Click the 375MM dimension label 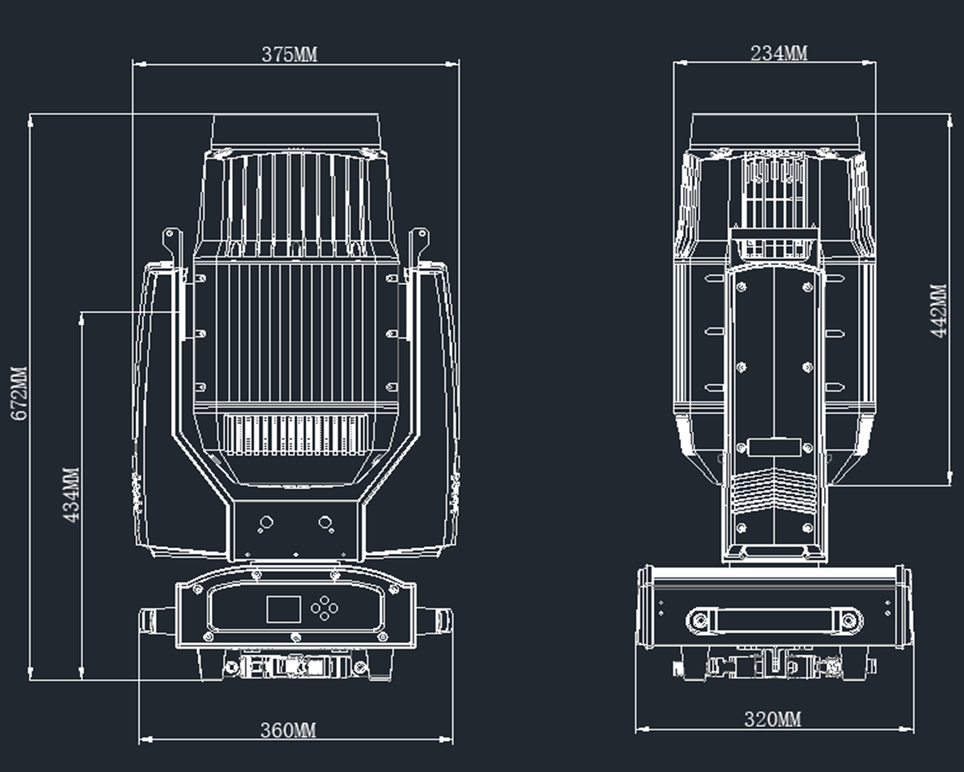coord(289,54)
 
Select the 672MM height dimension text coord(19,393)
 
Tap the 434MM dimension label coord(71,495)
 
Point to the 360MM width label coord(289,730)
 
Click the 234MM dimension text coord(779,53)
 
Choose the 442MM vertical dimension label coord(939,310)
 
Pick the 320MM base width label coord(773,719)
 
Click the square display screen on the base coord(284,609)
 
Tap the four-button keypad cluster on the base coord(325,609)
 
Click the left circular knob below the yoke coord(266,523)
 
